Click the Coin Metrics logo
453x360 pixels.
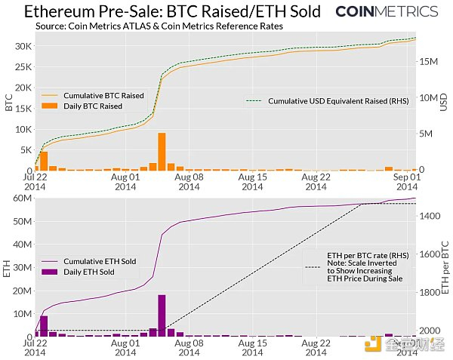coord(386,11)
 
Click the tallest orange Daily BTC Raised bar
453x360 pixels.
coord(162,151)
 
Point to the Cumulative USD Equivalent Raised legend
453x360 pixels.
coord(327,100)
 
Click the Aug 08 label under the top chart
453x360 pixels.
coord(188,181)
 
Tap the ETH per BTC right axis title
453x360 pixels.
coord(445,270)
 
